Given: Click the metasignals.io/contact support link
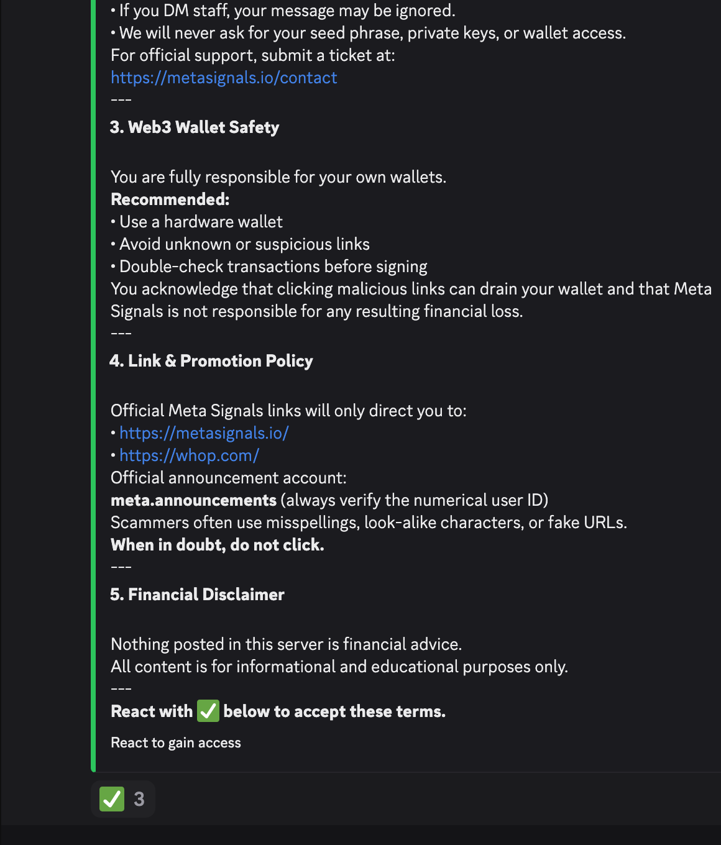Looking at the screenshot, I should (x=224, y=78).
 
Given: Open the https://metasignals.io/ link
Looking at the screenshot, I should (x=204, y=433).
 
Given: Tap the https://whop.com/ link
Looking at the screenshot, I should (x=189, y=455).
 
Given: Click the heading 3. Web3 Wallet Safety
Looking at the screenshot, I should (x=195, y=127).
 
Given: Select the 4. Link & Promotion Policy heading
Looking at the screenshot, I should (x=211, y=361).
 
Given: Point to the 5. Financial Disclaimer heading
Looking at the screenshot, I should (x=197, y=595).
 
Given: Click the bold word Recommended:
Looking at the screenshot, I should (x=170, y=199).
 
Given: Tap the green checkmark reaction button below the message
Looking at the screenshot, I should (x=113, y=799).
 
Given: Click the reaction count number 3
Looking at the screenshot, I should (x=139, y=799).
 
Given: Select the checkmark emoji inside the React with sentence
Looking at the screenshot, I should (x=208, y=711).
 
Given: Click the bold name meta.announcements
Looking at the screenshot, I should (x=193, y=500).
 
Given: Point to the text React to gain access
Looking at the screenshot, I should (x=176, y=742).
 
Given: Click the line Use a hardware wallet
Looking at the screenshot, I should (x=201, y=222).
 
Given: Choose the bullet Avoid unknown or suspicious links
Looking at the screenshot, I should (x=244, y=244).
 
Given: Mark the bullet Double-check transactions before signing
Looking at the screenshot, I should (x=273, y=267).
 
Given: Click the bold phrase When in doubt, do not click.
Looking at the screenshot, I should (x=218, y=545).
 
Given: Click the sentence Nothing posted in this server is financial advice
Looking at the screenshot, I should (x=286, y=644).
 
